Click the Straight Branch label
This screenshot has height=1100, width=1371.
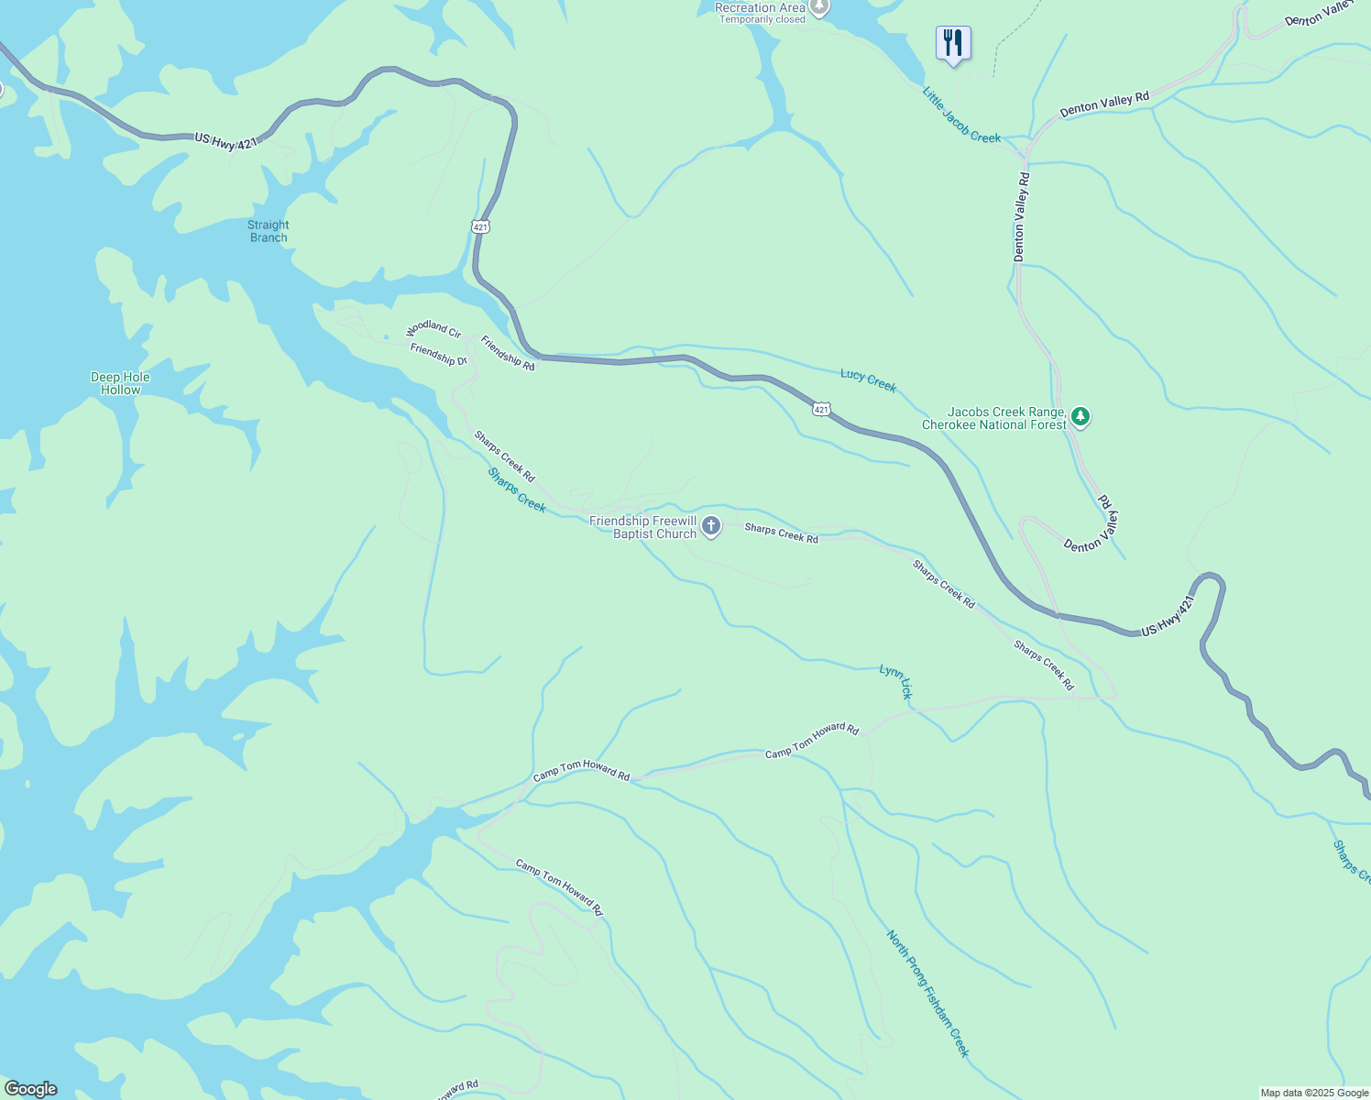click(268, 231)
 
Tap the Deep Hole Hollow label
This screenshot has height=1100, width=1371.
click(120, 383)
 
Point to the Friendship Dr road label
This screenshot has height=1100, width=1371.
click(439, 355)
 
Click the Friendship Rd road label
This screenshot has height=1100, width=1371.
click(508, 353)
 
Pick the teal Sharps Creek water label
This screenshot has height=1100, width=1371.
click(517, 490)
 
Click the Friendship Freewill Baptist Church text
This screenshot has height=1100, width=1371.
click(642, 527)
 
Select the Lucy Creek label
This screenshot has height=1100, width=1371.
click(868, 380)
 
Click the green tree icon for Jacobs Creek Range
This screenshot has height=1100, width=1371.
click(1081, 418)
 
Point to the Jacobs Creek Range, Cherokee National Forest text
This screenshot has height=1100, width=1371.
click(994, 418)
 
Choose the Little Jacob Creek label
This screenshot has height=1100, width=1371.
click(961, 115)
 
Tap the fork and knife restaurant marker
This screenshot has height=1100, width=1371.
click(953, 42)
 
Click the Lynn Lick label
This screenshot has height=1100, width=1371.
click(896, 682)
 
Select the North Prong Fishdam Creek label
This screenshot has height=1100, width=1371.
click(927, 993)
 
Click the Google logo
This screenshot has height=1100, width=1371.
click(31, 1089)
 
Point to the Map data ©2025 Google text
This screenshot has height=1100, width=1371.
click(1313, 1093)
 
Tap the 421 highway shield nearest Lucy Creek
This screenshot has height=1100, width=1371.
click(821, 409)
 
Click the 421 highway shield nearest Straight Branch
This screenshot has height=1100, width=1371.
click(481, 226)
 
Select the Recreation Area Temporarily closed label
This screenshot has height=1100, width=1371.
click(761, 12)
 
